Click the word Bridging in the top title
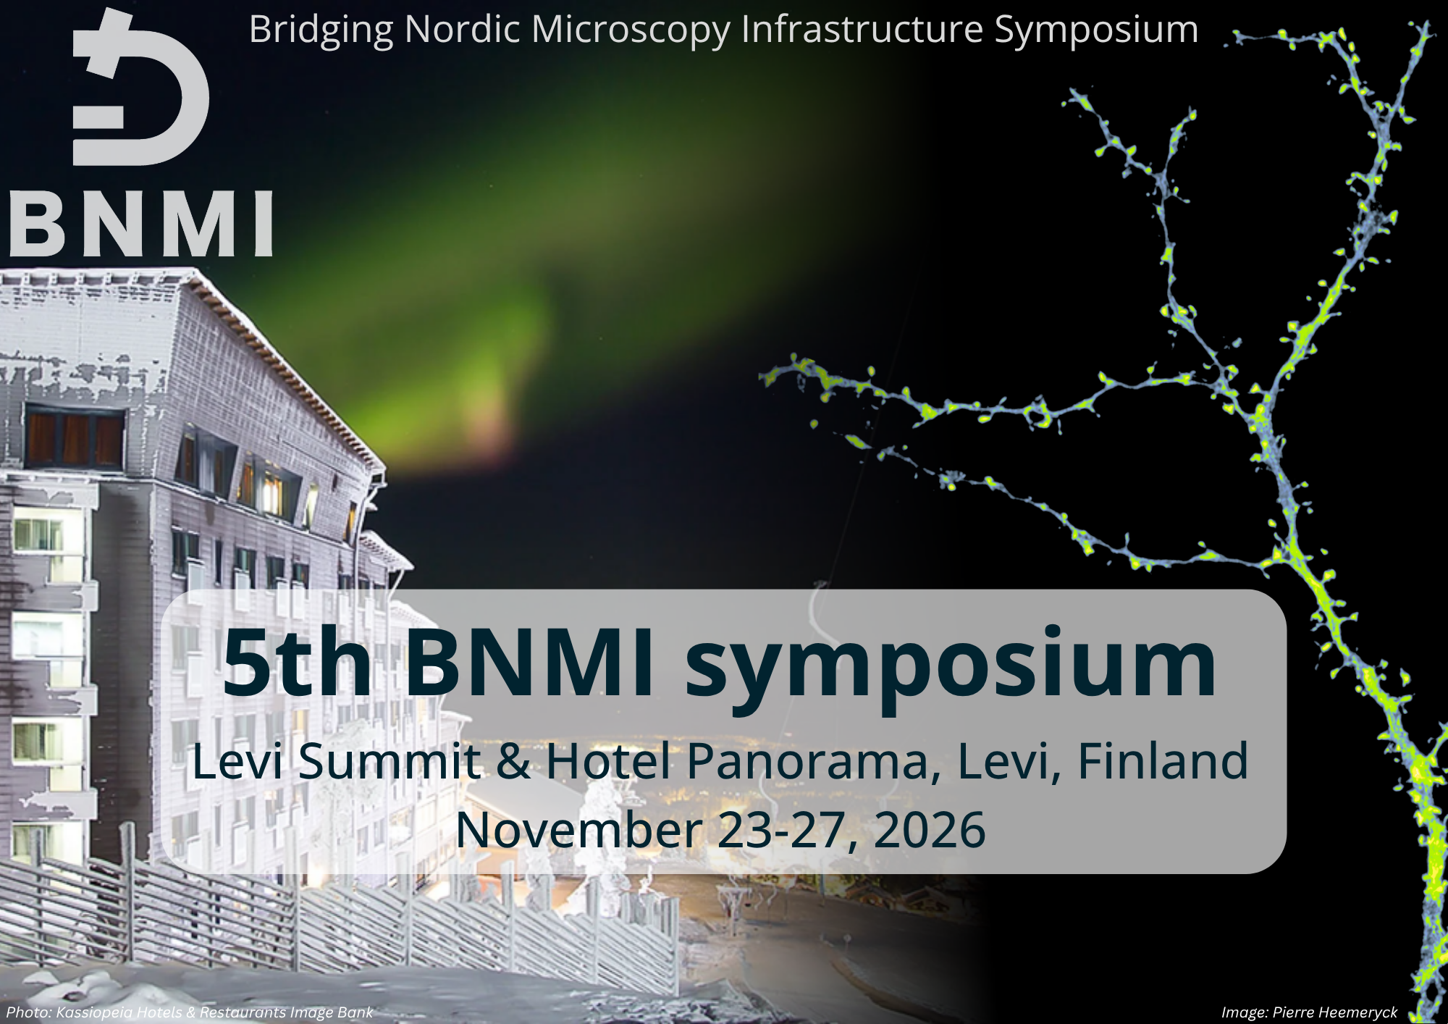click(x=321, y=31)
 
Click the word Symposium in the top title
click(x=1096, y=31)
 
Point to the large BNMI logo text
click(x=141, y=223)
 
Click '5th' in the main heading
click(x=297, y=663)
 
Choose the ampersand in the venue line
click(x=513, y=761)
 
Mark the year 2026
click(x=930, y=830)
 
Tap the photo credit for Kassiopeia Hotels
click(x=190, y=1012)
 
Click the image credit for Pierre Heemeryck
click(x=1309, y=1012)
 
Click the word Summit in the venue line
click(x=389, y=761)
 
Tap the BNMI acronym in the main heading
click(x=529, y=663)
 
